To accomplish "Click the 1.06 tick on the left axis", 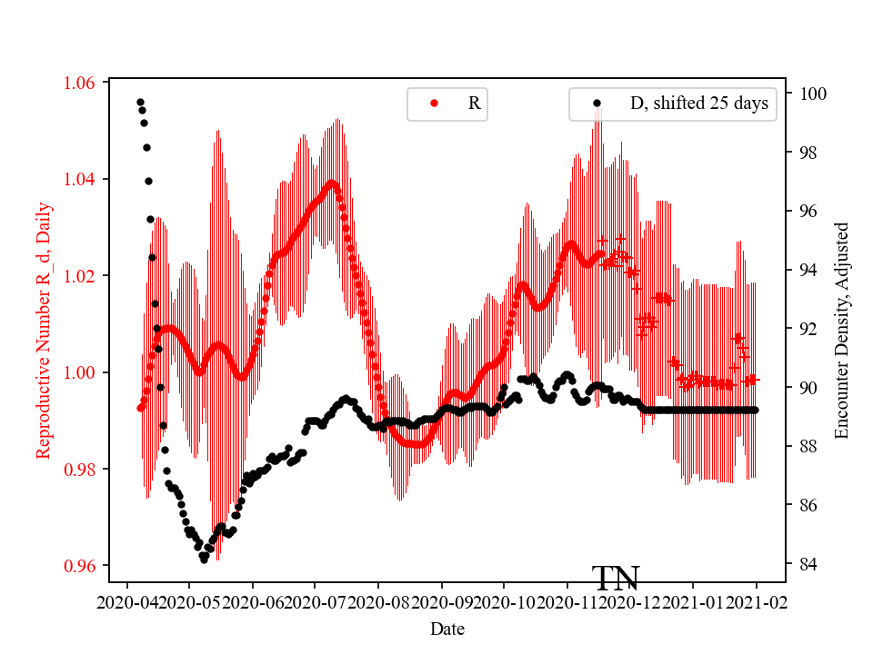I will pyautogui.click(x=80, y=83).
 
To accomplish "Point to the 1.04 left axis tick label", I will pyautogui.click(x=80, y=179).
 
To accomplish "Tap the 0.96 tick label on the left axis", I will pyautogui.click(x=80, y=566).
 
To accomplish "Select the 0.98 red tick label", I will pyautogui.click(x=80, y=470).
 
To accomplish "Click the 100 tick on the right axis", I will pyautogui.click(x=813, y=94).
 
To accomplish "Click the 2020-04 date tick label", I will pyautogui.click(x=126, y=601).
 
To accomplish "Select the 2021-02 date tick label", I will pyautogui.click(x=757, y=601).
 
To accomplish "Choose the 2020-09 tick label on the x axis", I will pyautogui.click(x=442, y=601).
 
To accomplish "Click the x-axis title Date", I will pyautogui.click(x=447, y=628).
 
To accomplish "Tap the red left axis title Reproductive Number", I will pyautogui.click(x=44, y=330).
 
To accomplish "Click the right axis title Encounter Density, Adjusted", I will pyautogui.click(x=841, y=330).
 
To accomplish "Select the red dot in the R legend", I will pyautogui.click(x=434, y=104).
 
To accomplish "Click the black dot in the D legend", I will pyautogui.click(x=597, y=104).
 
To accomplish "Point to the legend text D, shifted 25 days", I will pyautogui.click(x=698, y=104).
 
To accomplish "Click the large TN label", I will pyautogui.click(x=616, y=578).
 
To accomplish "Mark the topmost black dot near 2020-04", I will pyautogui.click(x=140, y=102).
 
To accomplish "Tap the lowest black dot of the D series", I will pyautogui.click(x=204, y=560).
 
